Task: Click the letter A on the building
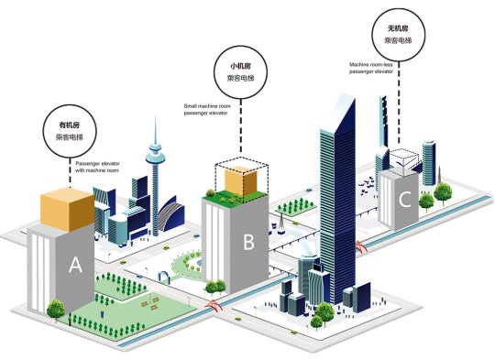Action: pyautogui.click(x=75, y=265)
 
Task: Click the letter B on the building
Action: pyautogui.click(x=248, y=242)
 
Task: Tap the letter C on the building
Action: pyautogui.click(x=405, y=200)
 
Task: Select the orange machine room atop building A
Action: pyautogui.click(x=67, y=209)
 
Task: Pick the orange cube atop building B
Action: pyautogui.click(x=240, y=180)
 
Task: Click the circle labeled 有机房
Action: pyautogui.click(x=70, y=131)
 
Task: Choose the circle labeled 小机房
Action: pyautogui.click(x=240, y=72)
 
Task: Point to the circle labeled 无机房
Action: pyautogui.click(x=399, y=35)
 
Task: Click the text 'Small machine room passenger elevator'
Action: pyautogui.click(x=207, y=110)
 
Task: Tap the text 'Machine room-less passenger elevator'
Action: pyautogui.click(x=371, y=68)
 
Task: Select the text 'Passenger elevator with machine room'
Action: pyautogui.click(x=97, y=167)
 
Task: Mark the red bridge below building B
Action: pyautogui.click(x=214, y=305)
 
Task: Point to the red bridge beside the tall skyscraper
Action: pyautogui.click(x=361, y=246)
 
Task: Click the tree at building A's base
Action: pyautogui.click(x=56, y=311)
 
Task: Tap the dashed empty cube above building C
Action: pyautogui.click(x=405, y=162)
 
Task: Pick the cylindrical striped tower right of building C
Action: pyautogui.click(x=429, y=163)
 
